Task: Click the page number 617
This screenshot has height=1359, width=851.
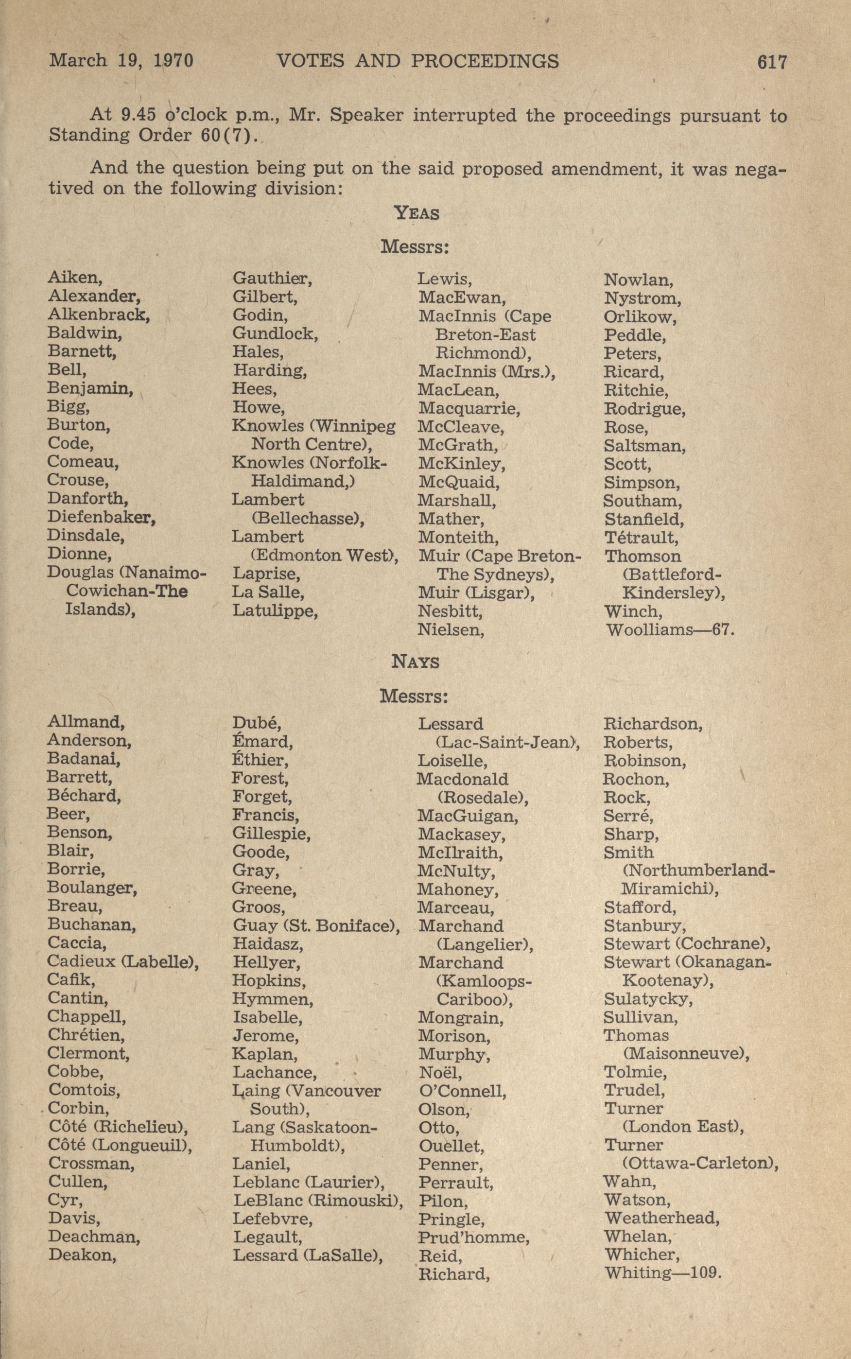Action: point(772,62)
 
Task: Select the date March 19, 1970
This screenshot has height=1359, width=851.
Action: point(121,60)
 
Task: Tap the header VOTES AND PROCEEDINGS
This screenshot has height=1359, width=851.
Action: point(417,61)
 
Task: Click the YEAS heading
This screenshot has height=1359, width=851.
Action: point(416,213)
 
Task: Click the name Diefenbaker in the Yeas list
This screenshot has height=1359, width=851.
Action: point(101,517)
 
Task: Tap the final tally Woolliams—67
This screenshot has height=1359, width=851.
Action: point(670,630)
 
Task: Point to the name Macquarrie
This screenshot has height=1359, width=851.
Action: point(469,409)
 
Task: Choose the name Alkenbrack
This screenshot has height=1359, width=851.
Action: point(99,314)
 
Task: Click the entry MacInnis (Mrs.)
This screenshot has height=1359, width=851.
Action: point(486,372)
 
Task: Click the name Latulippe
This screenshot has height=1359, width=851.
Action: point(275,610)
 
